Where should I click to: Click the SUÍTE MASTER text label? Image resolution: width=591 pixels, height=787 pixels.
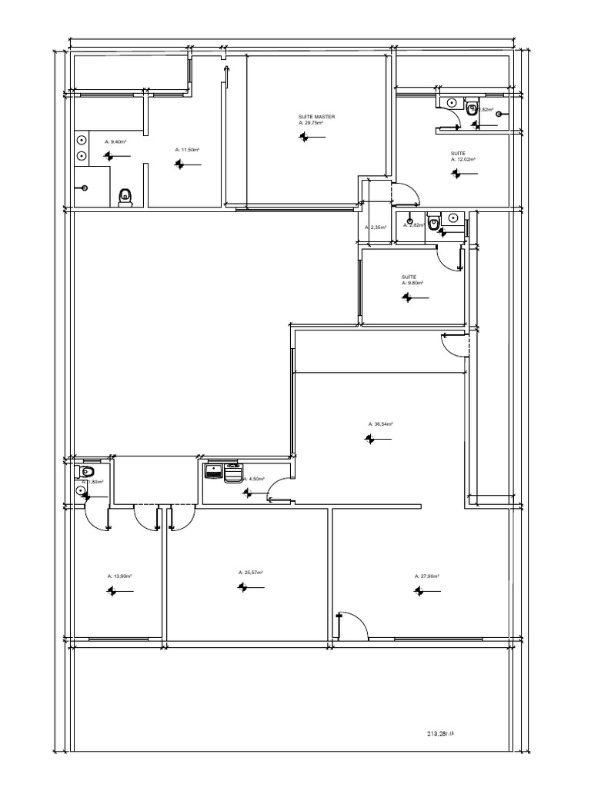click(x=316, y=117)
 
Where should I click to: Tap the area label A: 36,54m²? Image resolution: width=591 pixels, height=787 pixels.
click(x=381, y=423)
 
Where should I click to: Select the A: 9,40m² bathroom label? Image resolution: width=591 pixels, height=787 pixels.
click(x=115, y=141)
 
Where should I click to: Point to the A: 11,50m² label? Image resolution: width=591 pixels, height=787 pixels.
click(x=187, y=149)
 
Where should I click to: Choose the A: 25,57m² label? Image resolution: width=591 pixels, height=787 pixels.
click(x=251, y=572)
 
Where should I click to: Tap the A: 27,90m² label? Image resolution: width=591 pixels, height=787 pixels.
click(x=426, y=576)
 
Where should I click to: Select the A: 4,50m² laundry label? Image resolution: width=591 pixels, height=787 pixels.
click(x=255, y=479)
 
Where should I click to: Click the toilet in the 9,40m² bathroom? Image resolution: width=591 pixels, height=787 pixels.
click(x=126, y=198)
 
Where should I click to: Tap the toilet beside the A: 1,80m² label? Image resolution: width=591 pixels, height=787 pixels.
click(x=87, y=470)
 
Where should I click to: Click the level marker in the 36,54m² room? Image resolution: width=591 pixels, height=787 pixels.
click(x=371, y=438)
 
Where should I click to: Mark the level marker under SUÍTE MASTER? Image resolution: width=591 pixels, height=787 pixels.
click(x=306, y=137)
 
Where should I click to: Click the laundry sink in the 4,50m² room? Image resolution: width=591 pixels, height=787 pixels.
click(x=213, y=471)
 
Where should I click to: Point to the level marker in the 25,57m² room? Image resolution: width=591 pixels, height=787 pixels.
click(x=243, y=587)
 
